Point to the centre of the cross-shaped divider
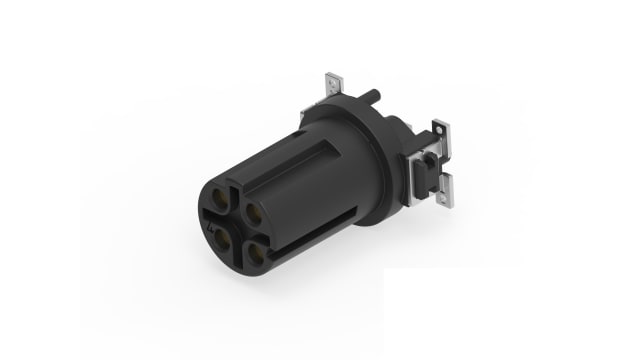click(235, 227)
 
